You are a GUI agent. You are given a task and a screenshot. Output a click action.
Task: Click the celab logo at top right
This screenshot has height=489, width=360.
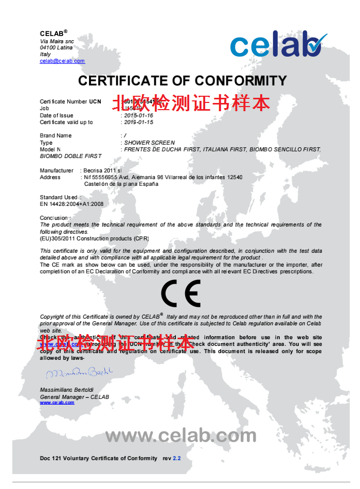tap(278, 45)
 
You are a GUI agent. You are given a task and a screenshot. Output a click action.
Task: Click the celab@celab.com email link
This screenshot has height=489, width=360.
tap(62, 61)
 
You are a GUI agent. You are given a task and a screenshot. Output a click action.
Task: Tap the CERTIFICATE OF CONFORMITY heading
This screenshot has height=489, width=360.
tap(182, 81)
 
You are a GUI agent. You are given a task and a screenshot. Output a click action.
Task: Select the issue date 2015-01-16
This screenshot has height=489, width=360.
tap(138, 116)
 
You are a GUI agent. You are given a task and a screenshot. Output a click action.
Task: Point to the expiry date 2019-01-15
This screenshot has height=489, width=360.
tap(138, 123)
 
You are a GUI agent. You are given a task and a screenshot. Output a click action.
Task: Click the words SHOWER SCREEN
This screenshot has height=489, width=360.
tap(149, 143)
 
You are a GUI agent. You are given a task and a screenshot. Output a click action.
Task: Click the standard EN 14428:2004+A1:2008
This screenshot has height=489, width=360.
tap(71, 204)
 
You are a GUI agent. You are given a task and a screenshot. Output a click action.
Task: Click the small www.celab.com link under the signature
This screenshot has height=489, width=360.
tap(57, 403)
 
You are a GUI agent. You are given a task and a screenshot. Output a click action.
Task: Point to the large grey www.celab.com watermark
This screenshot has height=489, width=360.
tap(181, 436)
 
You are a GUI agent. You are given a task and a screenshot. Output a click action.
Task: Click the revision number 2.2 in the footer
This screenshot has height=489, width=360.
tap(177, 458)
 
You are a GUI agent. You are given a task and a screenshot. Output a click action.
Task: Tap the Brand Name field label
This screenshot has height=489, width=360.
tap(56, 136)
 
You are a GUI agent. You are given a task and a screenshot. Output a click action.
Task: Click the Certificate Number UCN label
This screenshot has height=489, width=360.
tap(70, 102)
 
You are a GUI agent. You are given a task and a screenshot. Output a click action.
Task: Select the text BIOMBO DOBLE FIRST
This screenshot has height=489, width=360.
tap(70, 156)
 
